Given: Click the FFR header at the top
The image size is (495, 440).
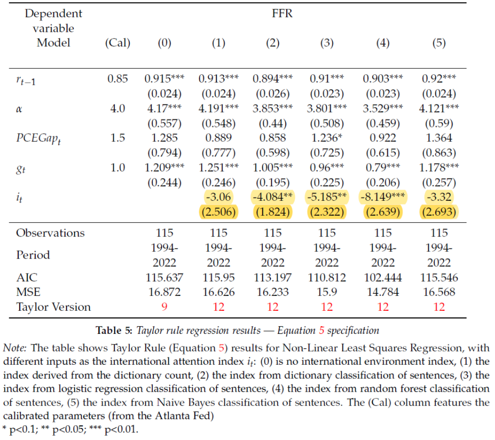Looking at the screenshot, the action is point(282,14).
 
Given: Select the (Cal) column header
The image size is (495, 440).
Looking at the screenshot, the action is point(118,42).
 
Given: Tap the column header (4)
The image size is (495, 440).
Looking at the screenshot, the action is point(383,42).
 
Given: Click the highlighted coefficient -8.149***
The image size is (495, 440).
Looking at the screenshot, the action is point(383,197).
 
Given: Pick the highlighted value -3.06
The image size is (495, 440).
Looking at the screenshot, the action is point(218,197).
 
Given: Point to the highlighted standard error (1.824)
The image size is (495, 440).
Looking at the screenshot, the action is point(273,212).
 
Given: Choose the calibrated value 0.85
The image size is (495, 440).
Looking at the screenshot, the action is point(118,78).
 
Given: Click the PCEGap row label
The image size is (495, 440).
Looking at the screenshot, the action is point(39,138).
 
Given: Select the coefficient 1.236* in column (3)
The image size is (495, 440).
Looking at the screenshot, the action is point(327,137).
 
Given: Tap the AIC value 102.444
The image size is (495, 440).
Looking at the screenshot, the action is point(383,277).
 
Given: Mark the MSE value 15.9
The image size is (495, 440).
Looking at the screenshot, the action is point(327,292).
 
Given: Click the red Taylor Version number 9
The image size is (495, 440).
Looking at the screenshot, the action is point(164,307).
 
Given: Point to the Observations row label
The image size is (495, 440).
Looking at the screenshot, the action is point(51,233).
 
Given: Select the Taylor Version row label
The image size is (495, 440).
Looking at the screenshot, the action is point(54,307).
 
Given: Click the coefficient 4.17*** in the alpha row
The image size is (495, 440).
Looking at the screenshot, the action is point(164,108).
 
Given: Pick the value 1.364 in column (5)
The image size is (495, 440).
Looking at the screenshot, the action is point(439,137).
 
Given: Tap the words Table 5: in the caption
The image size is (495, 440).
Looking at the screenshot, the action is point(114,330).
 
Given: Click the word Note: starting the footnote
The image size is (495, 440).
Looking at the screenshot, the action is point(15,348).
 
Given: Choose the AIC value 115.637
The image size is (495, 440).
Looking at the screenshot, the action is point(164,277).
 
